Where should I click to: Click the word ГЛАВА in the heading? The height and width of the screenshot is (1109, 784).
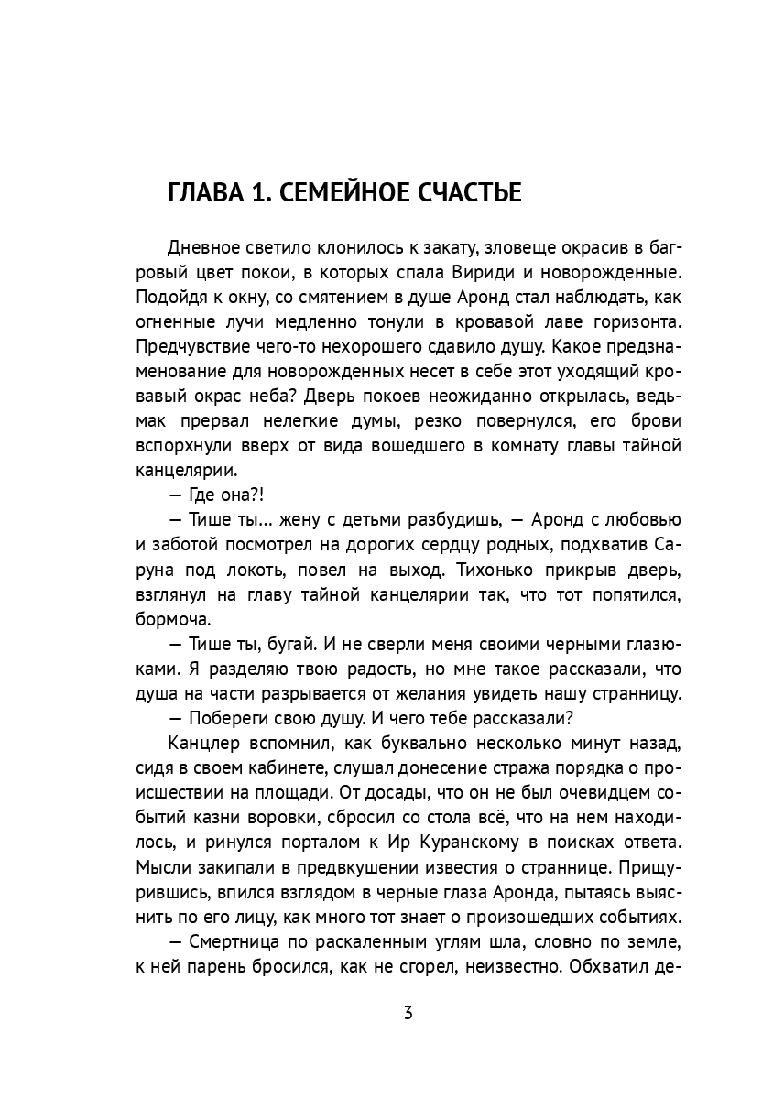click(203, 193)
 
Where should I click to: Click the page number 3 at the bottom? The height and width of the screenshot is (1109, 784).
click(408, 1014)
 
